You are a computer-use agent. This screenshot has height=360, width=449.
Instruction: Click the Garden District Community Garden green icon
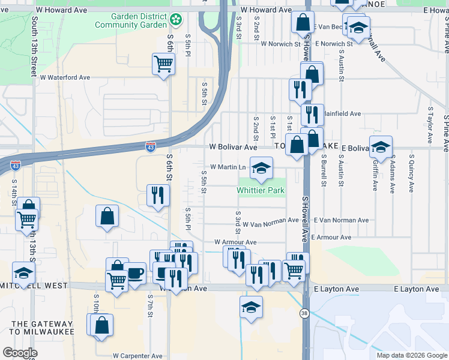(175, 20)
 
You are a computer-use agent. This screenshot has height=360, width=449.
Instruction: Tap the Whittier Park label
(260, 190)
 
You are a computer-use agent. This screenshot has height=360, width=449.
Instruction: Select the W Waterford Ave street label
(65, 77)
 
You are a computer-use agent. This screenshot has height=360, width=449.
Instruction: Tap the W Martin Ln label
(228, 167)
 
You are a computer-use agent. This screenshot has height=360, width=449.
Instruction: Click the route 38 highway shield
(305, 314)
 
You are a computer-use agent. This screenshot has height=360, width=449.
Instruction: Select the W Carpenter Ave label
(137, 356)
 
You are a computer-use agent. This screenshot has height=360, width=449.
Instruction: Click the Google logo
(20, 353)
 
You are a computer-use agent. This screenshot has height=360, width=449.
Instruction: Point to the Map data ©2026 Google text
(412, 355)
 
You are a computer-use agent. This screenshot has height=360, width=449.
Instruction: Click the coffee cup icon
(135, 274)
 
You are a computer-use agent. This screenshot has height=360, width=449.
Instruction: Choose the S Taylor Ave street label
(430, 125)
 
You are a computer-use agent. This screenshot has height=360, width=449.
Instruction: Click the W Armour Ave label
(235, 242)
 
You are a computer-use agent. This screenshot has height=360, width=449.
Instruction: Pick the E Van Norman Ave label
(340, 220)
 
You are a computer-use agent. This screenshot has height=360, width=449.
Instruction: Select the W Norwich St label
(280, 44)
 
